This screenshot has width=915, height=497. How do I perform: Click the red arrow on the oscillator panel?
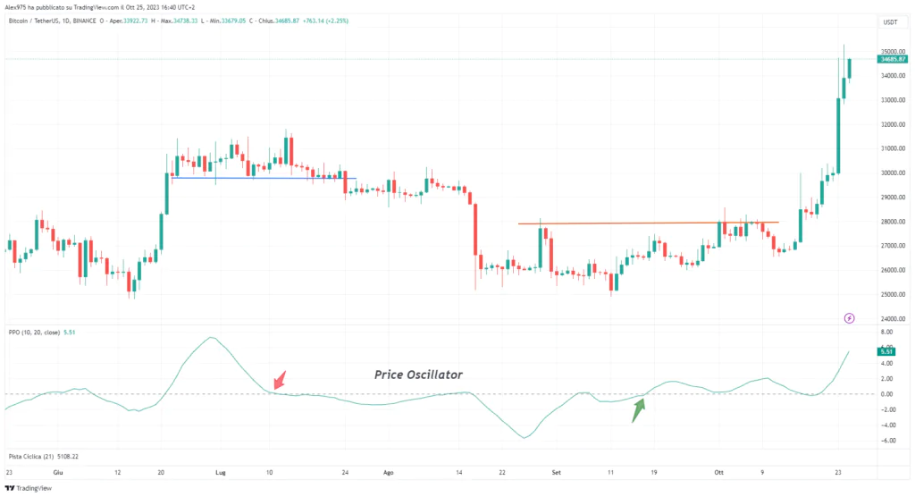[x=280, y=380]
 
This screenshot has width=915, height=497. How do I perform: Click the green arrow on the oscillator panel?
[x=638, y=410]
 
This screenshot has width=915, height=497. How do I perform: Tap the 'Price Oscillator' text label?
[x=418, y=375]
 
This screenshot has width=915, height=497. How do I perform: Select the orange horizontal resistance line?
[x=648, y=223]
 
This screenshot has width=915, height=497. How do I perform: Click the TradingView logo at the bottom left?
[x=29, y=488]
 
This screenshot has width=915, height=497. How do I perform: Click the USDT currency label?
[x=890, y=22]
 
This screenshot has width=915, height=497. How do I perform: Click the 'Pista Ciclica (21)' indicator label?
[x=30, y=456]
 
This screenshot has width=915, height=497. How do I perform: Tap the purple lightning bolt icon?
[x=849, y=317]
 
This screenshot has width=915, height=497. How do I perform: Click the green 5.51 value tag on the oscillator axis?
[x=887, y=351]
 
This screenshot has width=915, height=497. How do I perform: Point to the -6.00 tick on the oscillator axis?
[x=887, y=441]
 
